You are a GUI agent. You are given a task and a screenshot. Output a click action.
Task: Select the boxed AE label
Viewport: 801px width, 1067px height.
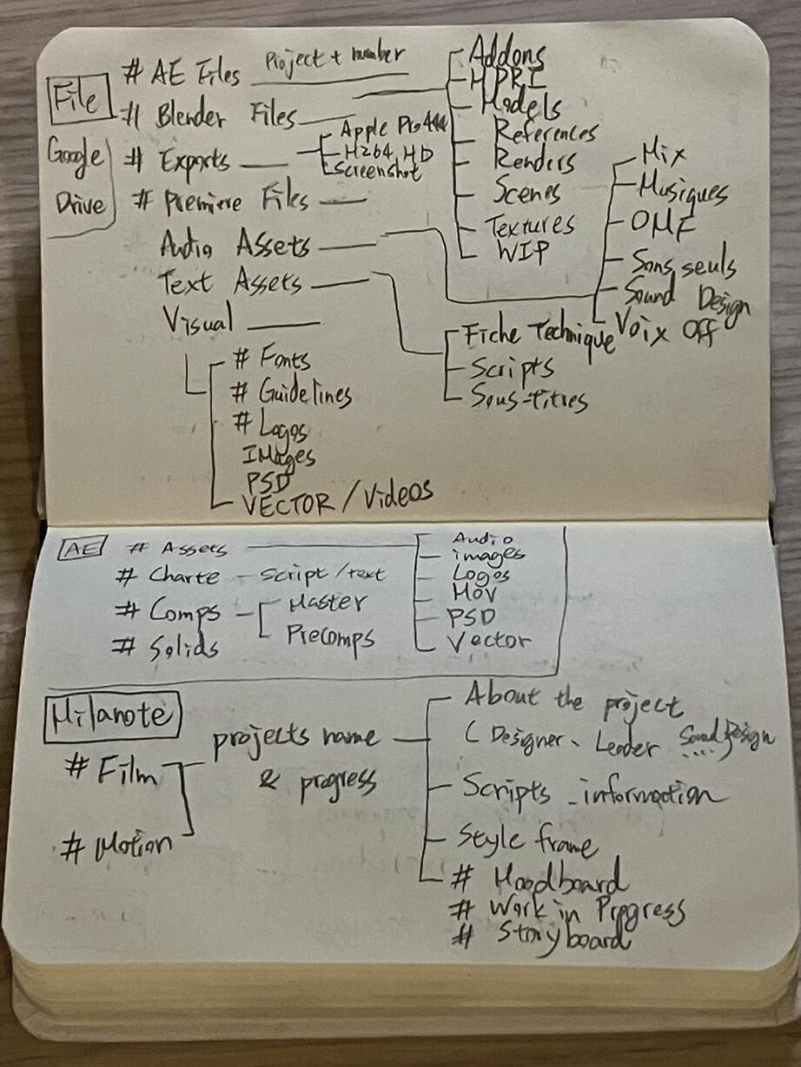click(83, 546)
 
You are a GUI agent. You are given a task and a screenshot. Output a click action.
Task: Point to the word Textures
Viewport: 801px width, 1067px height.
click(530, 226)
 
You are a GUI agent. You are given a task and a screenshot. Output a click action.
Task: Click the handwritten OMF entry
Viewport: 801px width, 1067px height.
click(664, 223)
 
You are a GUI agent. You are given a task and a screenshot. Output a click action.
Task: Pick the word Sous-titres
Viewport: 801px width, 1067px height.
click(528, 399)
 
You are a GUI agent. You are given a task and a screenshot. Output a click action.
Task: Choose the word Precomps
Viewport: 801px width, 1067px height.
click(331, 639)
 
